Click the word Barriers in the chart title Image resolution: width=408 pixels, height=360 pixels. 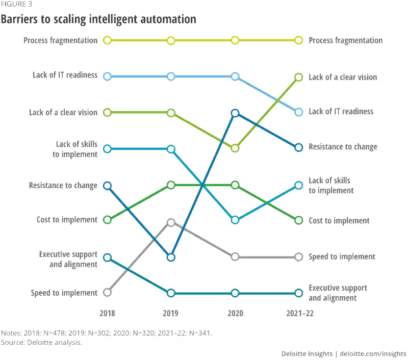point(18,20)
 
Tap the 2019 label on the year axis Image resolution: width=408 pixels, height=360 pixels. point(171,313)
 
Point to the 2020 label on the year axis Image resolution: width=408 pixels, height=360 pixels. point(235,313)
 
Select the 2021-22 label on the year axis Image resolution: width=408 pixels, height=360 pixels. point(299,313)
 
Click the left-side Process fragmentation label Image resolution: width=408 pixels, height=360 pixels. point(60,40)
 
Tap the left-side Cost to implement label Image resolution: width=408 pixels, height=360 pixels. point(67,220)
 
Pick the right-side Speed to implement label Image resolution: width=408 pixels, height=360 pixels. point(342,257)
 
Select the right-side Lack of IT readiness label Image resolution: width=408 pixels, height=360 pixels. point(342,111)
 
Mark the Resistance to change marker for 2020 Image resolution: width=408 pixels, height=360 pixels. point(235,113)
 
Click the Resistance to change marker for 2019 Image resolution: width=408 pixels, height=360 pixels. point(171,258)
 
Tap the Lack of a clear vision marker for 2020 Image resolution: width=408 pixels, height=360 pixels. point(235,148)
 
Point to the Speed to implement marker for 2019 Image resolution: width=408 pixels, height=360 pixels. point(171,223)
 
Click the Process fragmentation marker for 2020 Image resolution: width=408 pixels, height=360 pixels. point(235,40)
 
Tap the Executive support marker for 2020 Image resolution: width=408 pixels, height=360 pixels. point(235,293)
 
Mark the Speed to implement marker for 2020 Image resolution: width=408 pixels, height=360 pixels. point(235,256)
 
